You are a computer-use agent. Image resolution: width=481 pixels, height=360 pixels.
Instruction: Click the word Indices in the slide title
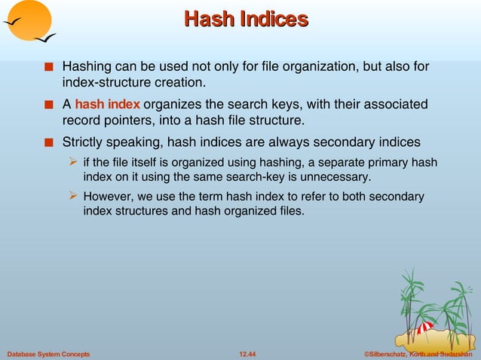274,19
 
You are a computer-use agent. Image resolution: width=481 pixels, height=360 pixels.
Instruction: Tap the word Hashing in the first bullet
87,66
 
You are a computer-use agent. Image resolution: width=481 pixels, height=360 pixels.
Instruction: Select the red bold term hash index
107,104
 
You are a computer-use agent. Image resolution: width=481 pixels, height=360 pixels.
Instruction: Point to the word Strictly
84,141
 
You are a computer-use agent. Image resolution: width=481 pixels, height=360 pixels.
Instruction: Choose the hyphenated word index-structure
112,81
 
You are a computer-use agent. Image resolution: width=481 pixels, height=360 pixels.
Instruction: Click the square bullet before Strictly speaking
48,142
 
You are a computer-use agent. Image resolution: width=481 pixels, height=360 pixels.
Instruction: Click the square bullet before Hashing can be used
48,67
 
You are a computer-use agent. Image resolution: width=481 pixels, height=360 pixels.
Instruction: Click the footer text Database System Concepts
48,353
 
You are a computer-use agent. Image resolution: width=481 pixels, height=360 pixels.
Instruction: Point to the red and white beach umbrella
425,328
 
